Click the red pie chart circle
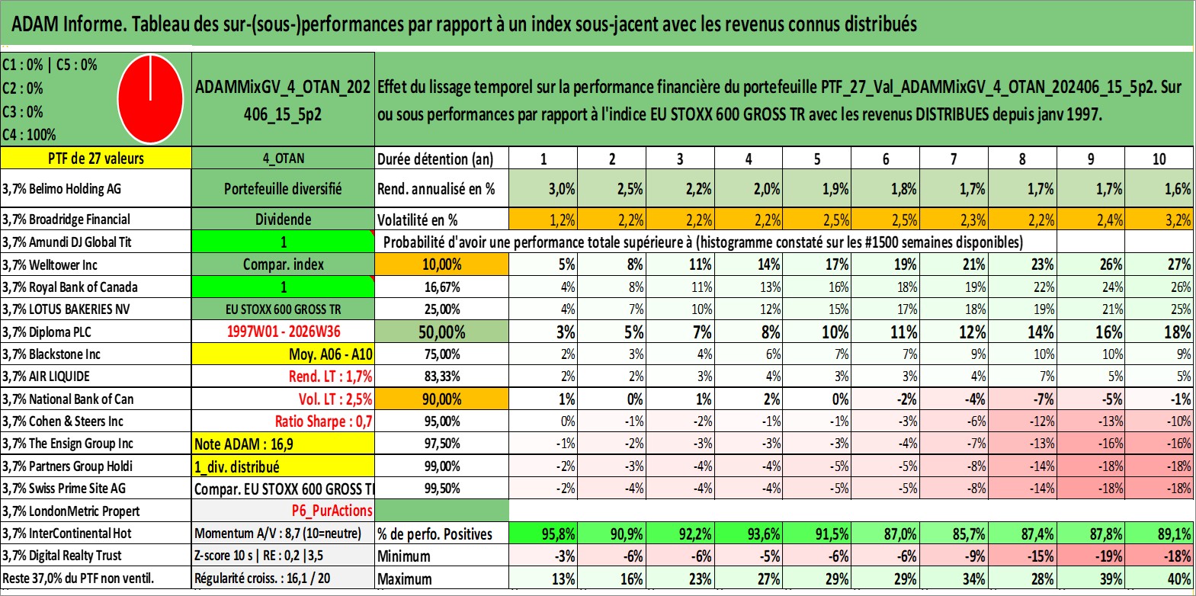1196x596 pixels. (x=151, y=99)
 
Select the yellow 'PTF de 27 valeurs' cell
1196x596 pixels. (x=95, y=159)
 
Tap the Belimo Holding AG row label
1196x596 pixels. (x=62, y=188)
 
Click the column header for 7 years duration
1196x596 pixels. (x=954, y=159)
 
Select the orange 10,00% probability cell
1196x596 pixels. (x=441, y=264)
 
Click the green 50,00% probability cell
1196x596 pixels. (x=441, y=332)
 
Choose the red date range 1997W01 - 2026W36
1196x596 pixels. (x=284, y=332)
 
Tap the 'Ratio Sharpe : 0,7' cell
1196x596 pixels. (x=323, y=421)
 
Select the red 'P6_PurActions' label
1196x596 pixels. (x=332, y=511)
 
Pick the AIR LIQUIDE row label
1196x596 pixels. (x=46, y=377)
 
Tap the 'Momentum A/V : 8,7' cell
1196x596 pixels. (x=277, y=534)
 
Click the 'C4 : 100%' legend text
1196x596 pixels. (x=30, y=135)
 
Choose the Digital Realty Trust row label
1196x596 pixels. (x=62, y=556)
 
